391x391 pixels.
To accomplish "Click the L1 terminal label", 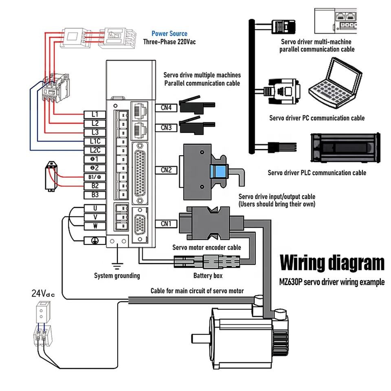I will point(95,114).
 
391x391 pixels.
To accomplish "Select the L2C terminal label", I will point(95,150).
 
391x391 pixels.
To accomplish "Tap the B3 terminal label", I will point(95,195).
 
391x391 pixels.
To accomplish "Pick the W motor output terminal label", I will point(95,226).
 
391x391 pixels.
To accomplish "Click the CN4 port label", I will point(166,108).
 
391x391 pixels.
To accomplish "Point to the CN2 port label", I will point(166,170).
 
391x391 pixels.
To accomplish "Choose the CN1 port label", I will point(166,224).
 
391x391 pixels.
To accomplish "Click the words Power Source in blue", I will point(169,34).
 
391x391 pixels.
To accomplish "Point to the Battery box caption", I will point(208,276).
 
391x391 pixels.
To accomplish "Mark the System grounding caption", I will point(117,276).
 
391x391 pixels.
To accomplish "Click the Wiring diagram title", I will point(332,263).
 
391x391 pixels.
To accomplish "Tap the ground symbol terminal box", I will point(95,241).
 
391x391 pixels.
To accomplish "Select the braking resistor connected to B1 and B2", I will point(51,176).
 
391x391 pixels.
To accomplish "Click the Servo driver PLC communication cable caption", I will point(316,173).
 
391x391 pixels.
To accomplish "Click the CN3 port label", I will point(166,127).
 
